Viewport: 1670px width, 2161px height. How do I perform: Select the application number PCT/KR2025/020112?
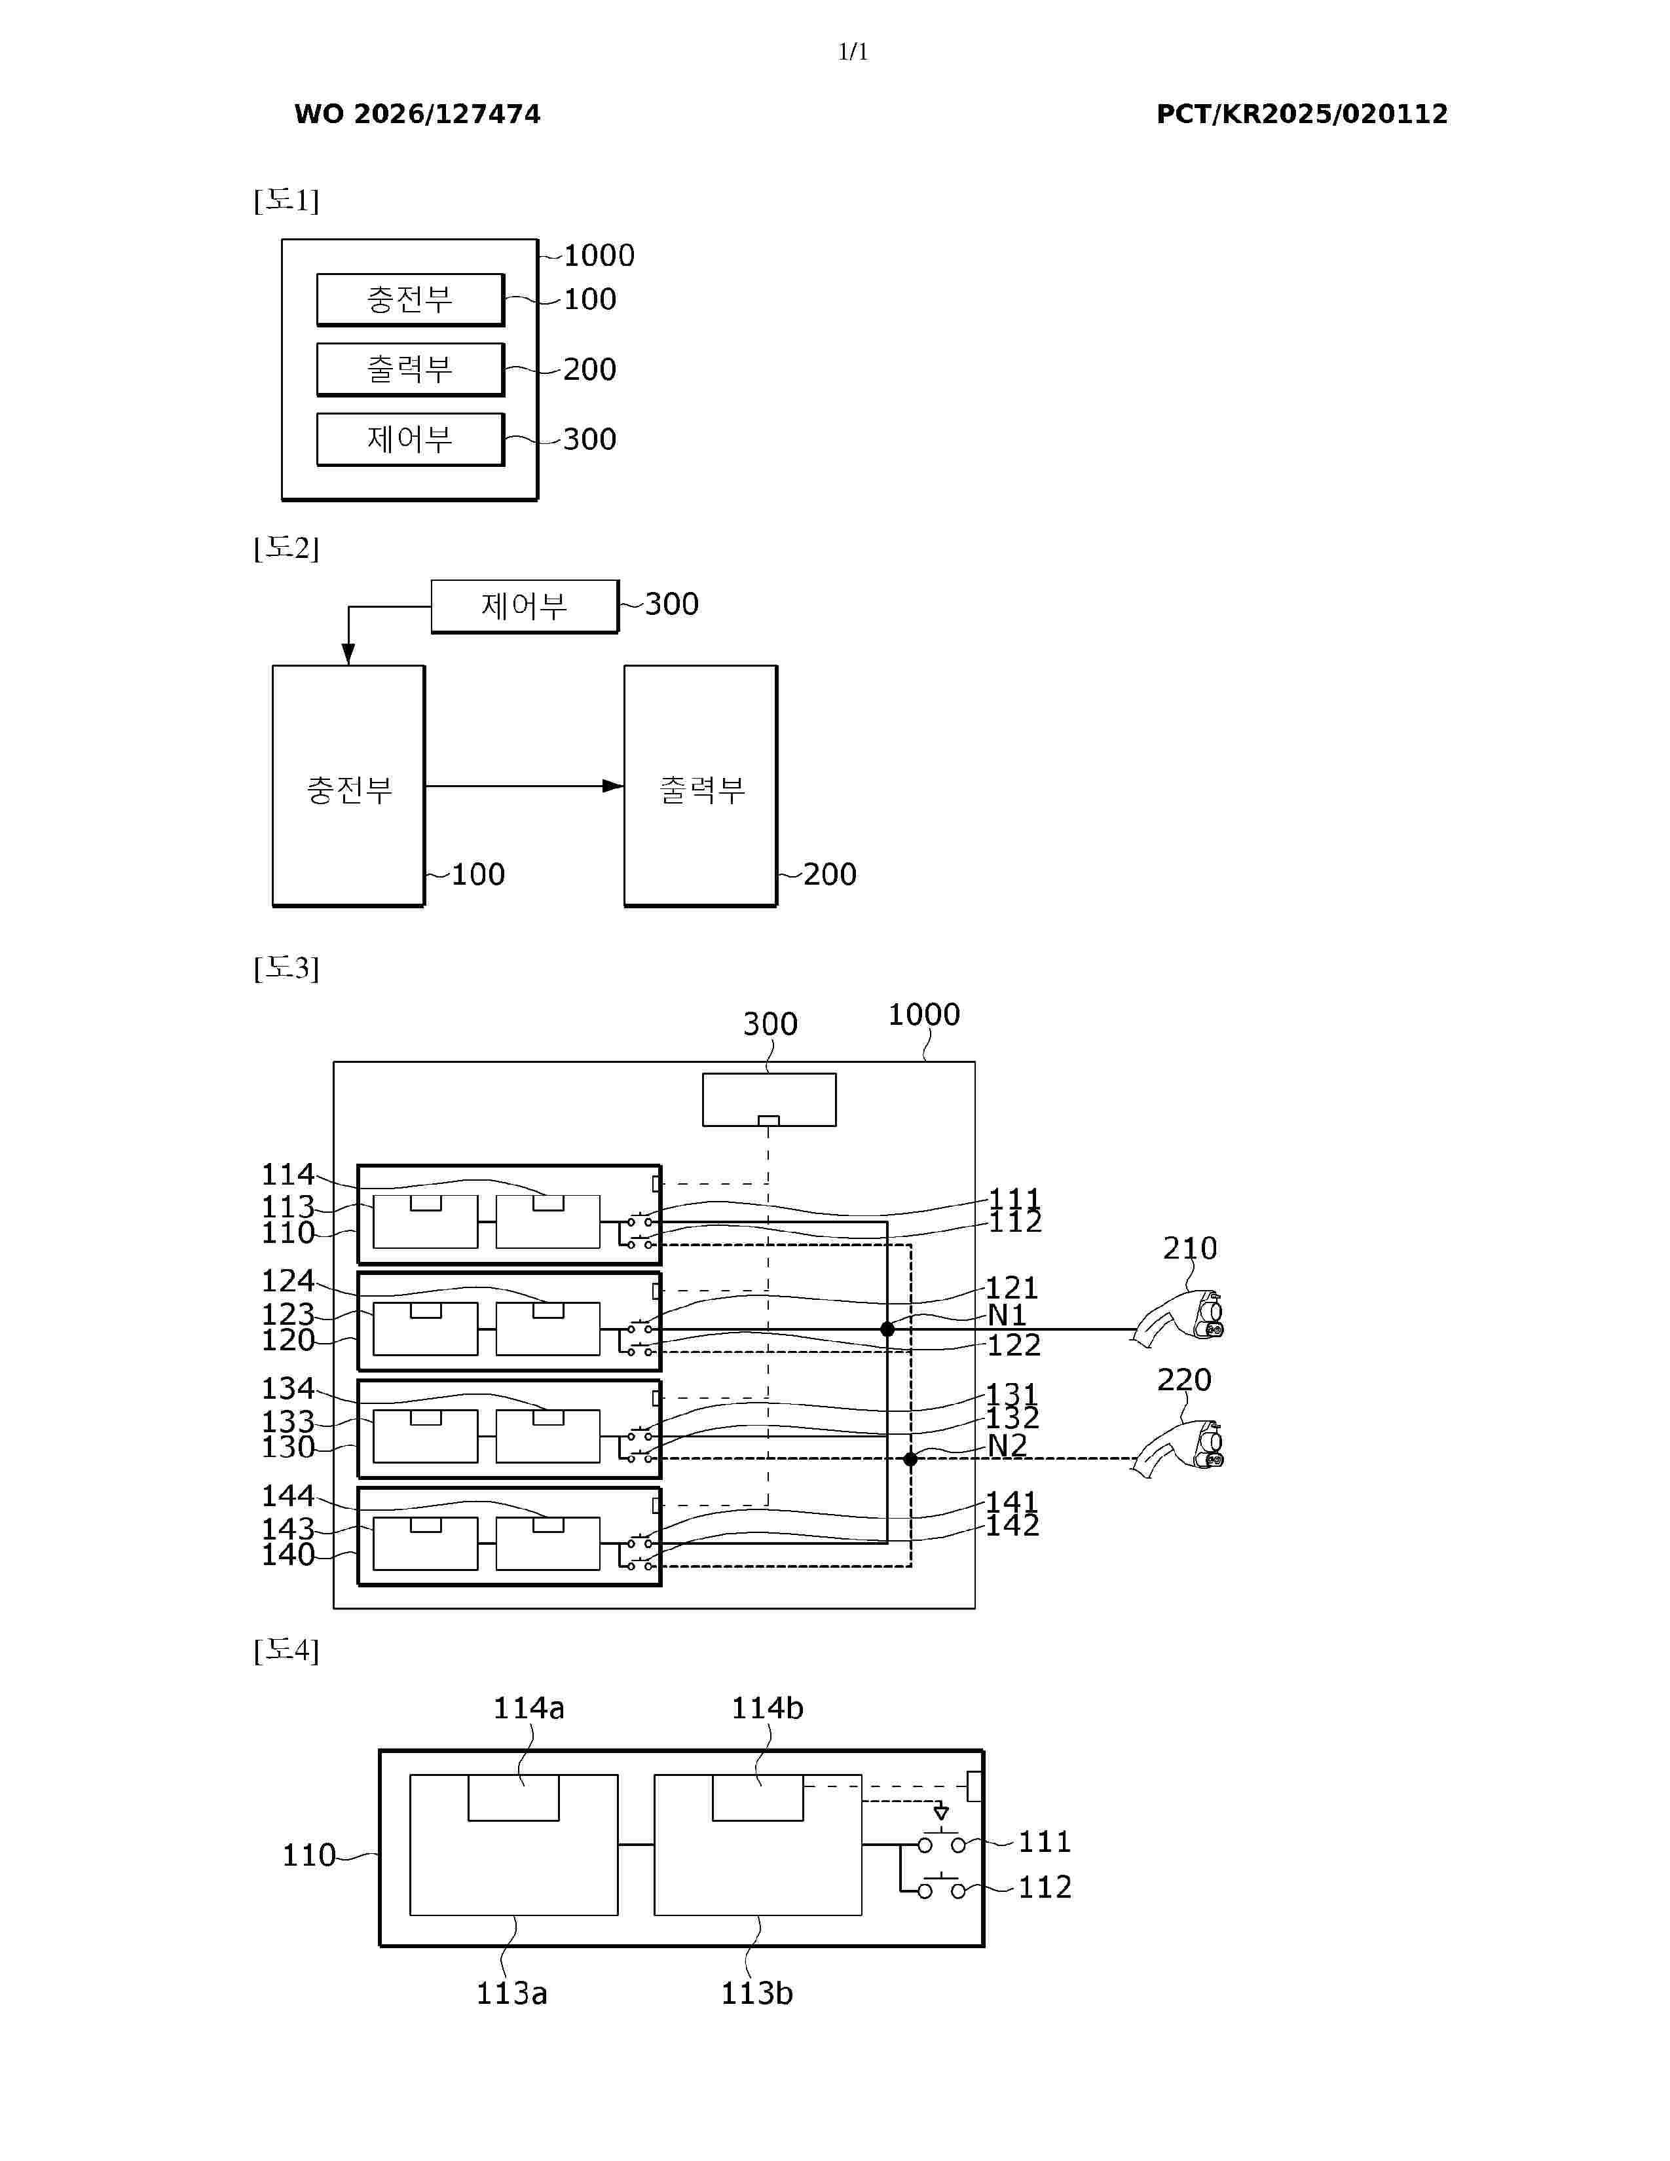(1302, 114)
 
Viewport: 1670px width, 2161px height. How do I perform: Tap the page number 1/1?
(853, 52)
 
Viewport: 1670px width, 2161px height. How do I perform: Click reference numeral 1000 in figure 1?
(599, 255)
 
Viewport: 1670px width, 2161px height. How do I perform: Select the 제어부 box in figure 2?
(525, 606)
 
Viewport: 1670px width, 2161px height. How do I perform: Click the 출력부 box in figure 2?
(701, 786)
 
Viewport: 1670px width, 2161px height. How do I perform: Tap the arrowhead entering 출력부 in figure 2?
(614, 786)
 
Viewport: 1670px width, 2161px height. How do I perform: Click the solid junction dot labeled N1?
(887, 1329)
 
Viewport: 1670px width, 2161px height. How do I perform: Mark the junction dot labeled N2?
(910, 1458)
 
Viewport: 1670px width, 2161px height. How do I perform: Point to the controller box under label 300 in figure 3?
(769, 1099)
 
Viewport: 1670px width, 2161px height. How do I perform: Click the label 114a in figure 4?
(529, 1708)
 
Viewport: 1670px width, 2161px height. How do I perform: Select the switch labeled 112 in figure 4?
(941, 1887)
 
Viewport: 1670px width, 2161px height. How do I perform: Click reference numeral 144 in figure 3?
(287, 1495)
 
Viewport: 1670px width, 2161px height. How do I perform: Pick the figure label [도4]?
(286, 1650)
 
